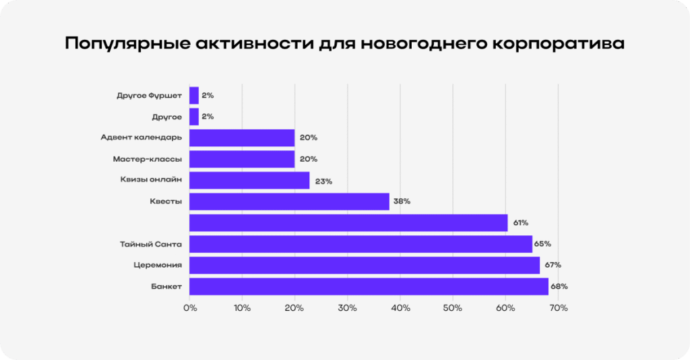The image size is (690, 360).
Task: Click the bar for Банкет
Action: (x=369, y=286)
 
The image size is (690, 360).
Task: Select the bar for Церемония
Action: (x=364, y=265)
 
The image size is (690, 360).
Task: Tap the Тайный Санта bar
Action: (x=360, y=244)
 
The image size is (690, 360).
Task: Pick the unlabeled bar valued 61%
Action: (x=348, y=222)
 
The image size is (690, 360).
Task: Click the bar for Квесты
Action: (x=289, y=202)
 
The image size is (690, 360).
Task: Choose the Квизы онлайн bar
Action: (x=249, y=180)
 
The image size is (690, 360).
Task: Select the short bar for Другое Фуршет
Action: (x=194, y=96)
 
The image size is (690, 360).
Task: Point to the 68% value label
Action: (x=559, y=287)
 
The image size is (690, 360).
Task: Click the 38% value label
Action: (x=402, y=202)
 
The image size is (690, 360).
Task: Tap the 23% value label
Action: (x=323, y=181)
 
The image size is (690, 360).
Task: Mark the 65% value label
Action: (x=543, y=244)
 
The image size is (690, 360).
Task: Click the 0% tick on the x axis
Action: (x=190, y=308)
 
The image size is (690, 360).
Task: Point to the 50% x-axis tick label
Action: (x=453, y=308)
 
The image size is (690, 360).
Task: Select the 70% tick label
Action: (x=559, y=308)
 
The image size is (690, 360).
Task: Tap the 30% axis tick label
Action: (x=348, y=308)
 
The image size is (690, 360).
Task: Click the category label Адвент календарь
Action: (x=141, y=138)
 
